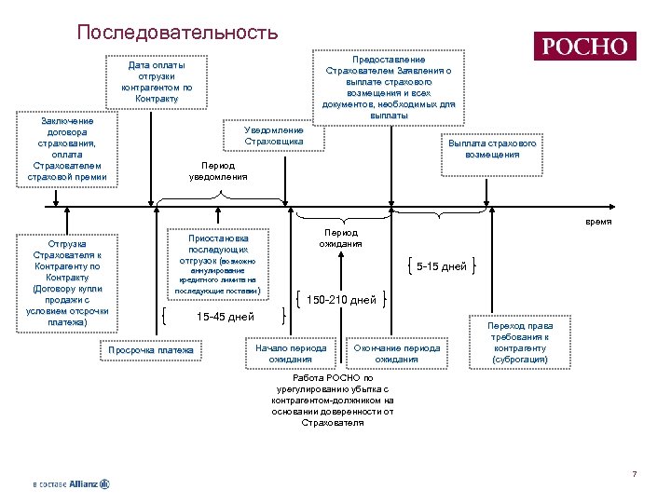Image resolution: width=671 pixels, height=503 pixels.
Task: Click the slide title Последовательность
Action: point(177,33)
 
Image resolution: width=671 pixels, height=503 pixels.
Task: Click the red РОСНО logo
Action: point(584,47)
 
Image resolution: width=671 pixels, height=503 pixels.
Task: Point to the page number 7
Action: point(634,475)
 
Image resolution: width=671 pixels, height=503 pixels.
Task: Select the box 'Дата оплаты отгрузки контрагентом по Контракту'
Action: point(157,82)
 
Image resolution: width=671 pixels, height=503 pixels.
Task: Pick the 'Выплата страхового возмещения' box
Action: point(491,149)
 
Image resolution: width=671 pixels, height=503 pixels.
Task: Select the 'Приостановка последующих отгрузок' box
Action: point(218,265)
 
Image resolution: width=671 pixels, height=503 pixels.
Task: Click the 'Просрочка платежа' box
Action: point(151,350)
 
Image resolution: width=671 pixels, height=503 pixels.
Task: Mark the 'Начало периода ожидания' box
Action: point(291,353)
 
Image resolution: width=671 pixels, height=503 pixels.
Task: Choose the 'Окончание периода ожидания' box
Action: point(397,353)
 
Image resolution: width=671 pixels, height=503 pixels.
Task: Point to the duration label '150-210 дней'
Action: point(341,300)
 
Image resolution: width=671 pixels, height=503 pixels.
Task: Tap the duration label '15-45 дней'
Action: point(225,317)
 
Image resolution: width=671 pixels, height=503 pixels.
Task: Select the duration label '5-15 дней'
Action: point(442,266)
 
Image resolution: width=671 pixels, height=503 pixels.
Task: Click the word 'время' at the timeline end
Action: point(598,221)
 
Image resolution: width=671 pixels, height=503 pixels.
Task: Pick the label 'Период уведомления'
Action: point(218,170)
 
